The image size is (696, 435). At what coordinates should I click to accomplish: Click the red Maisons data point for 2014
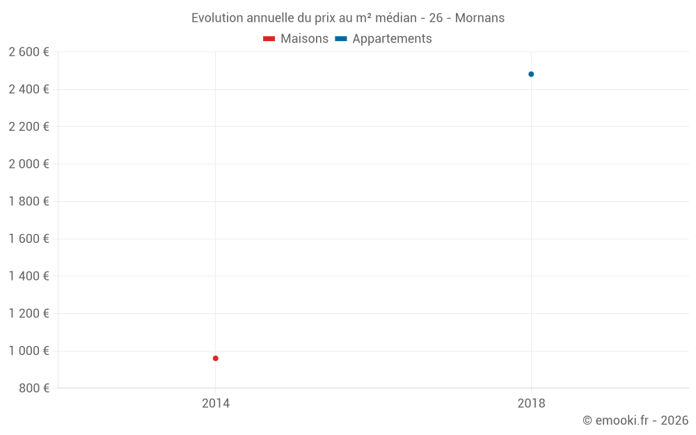(216, 358)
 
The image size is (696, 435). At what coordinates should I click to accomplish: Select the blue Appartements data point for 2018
(531, 74)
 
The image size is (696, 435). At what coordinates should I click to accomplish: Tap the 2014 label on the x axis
(216, 403)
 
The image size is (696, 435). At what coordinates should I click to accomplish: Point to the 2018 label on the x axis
(531, 403)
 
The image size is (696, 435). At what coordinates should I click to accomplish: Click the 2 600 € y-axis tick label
(29, 52)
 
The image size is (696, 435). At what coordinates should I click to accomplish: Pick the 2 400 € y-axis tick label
(29, 89)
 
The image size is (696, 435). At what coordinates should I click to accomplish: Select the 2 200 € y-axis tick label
(29, 127)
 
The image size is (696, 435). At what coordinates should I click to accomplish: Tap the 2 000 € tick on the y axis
(29, 164)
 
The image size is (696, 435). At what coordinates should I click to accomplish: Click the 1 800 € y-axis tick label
(29, 202)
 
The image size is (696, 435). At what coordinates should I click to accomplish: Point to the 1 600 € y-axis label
(29, 239)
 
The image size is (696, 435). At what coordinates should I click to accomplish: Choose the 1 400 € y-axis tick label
(29, 276)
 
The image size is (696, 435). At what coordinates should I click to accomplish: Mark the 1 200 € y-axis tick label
(29, 313)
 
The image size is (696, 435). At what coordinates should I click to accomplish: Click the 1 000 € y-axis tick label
(29, 351)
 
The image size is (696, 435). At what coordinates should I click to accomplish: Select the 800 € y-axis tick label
(33, 388)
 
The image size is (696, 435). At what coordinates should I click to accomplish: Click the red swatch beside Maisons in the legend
(269, 39)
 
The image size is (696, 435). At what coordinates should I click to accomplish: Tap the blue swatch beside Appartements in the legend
(341, 39)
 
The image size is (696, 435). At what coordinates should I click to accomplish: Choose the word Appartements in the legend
(392, 39)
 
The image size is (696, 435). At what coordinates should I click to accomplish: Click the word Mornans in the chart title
(480, 18)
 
